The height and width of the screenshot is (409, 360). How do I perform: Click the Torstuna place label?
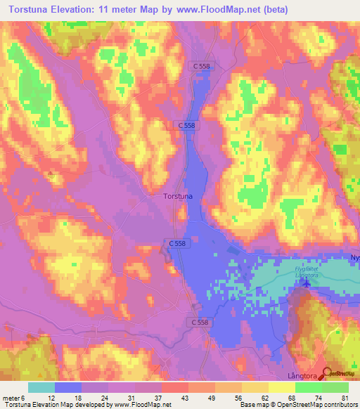(x=177, y=197)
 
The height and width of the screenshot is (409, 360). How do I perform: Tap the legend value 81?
(x=343, y=398)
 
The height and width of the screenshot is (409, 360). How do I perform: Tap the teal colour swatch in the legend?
(x=41, y=387)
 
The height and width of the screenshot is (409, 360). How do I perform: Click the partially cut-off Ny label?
(x=354, y=258)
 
